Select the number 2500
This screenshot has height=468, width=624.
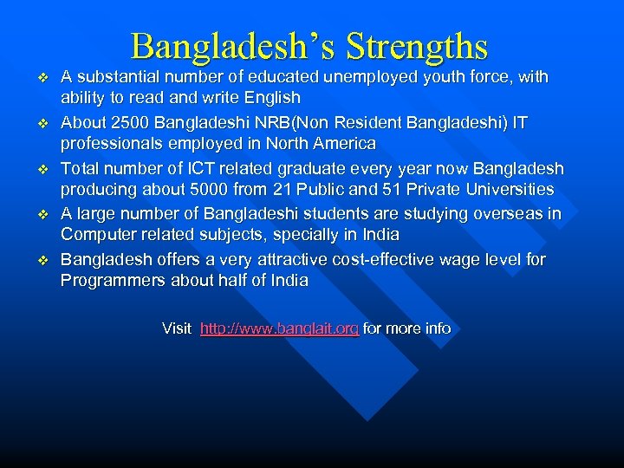[121, 122]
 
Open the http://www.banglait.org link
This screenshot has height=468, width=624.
[279, 328]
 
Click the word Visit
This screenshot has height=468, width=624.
[177, 328]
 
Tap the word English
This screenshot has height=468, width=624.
[271, 98]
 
